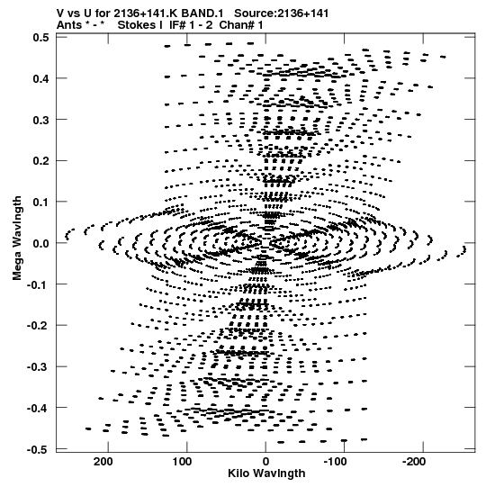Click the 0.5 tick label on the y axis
click(x=41, y=38)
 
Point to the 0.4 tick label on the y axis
click(x=41, y=78)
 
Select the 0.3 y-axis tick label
click(x=41, y=120)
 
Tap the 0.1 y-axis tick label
click(x=41, y=203)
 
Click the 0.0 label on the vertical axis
click(x=41, y=243)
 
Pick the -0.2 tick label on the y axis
click(x=38, y=326)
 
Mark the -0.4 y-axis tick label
click(x=38, y=408)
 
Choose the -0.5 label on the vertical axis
click(x=38, y=449)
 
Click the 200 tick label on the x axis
click(x=103, y=462)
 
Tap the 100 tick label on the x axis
click(x=182, y=462)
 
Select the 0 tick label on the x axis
click(x=265, y=462)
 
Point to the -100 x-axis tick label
click(x=336, y=462)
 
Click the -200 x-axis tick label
click(x=414, y=462)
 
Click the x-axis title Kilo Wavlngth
click(x=266, y=473)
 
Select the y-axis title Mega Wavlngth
click(x=17, y=239)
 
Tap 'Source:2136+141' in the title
click(x=281, y=14)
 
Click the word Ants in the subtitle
click(x=69, y=25)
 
